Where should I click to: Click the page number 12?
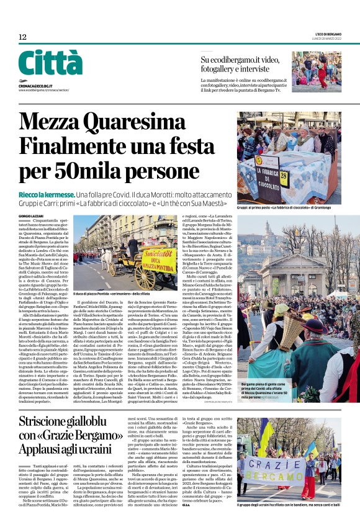click(x=22, y=37)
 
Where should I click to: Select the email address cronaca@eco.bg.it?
click(x=35, y=84)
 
